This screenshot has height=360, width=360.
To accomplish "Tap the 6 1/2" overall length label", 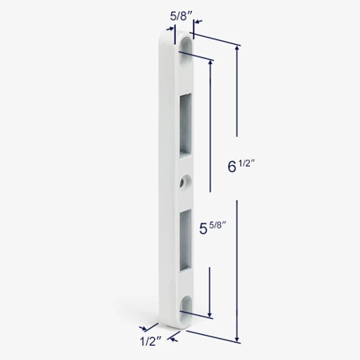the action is (x=241, y=166).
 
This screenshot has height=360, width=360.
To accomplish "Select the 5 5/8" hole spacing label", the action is (x=212, y=228).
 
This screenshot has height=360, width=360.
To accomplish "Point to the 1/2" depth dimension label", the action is (x=151, y=341).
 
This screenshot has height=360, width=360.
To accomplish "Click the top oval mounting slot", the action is (x=186, y=53).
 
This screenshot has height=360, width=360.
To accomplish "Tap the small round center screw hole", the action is (x=186, y=182).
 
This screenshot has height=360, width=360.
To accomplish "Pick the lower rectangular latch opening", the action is (x=186, y=241).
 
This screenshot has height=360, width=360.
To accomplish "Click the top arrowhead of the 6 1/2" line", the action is (x=237, y=48).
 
